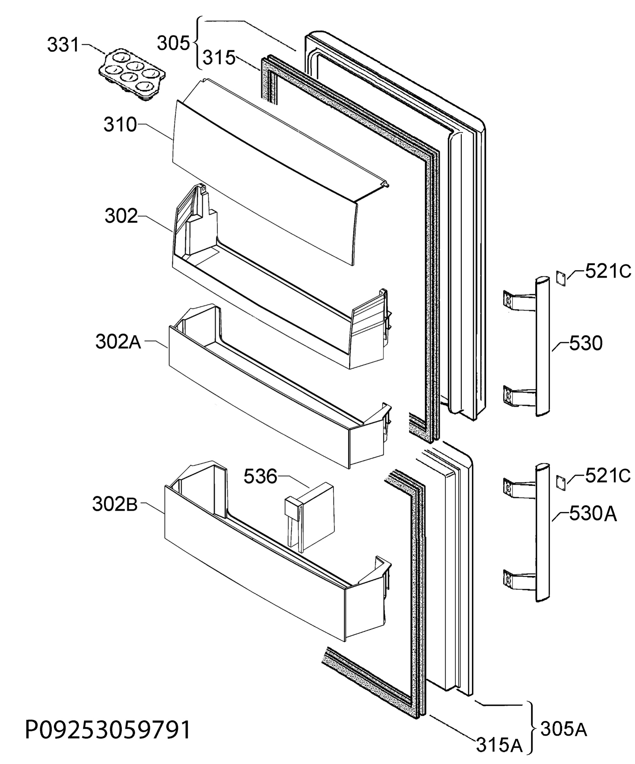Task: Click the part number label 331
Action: (x=63, y=45)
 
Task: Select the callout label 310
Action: (x=120, y=124)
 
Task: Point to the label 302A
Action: (x=118, y=342)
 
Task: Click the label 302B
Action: (x=115, y=504)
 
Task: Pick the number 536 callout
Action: (x=260, y=476)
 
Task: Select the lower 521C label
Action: (x=608, y=476)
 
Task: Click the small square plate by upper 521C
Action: (x=561, y=278)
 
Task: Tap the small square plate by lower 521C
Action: (x=561, y=483)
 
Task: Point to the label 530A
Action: (x=593, y=514)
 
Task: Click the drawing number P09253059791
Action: (x=108, y=729)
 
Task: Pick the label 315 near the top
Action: (x=219, y=58)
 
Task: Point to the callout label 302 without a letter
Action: (x=121, y=216)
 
